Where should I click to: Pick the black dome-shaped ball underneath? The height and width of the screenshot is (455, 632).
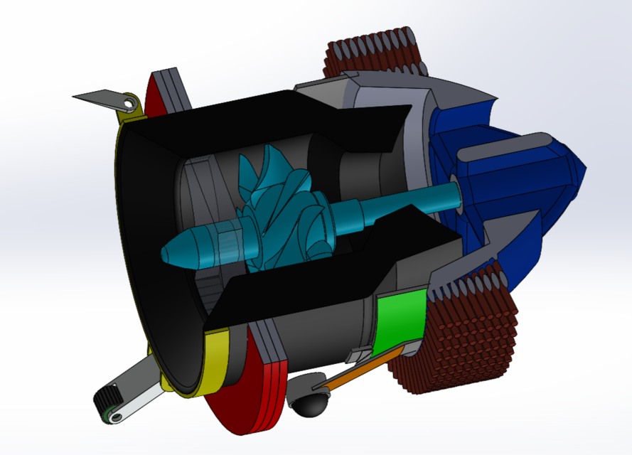pos(310,405)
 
